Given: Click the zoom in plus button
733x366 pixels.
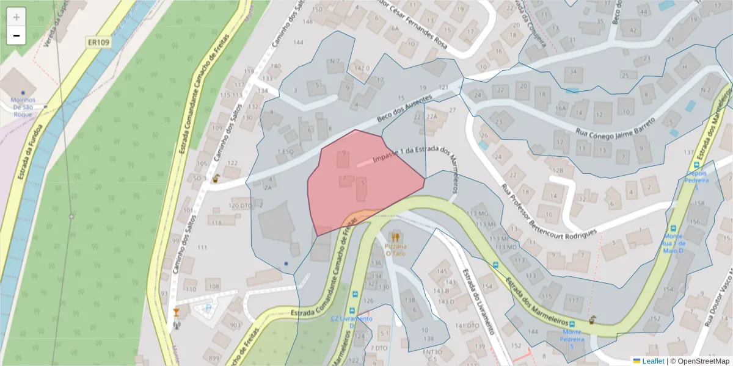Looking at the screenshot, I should pos(16,17).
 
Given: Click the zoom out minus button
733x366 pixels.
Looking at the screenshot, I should pos(16,35).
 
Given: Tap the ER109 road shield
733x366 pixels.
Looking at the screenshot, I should pos(98,42).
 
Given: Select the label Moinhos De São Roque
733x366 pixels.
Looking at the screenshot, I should pos(23,107).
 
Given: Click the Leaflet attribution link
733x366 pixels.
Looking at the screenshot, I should pos(653,361).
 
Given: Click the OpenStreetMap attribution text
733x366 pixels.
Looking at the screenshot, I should pos(701,361).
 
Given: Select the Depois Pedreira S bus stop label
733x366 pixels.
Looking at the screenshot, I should pos(696,181).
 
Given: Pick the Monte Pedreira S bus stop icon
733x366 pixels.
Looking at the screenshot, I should pos(572,323).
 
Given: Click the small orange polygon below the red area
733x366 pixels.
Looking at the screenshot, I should pos(360,216).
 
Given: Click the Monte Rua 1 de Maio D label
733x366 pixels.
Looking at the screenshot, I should pos(674,241).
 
